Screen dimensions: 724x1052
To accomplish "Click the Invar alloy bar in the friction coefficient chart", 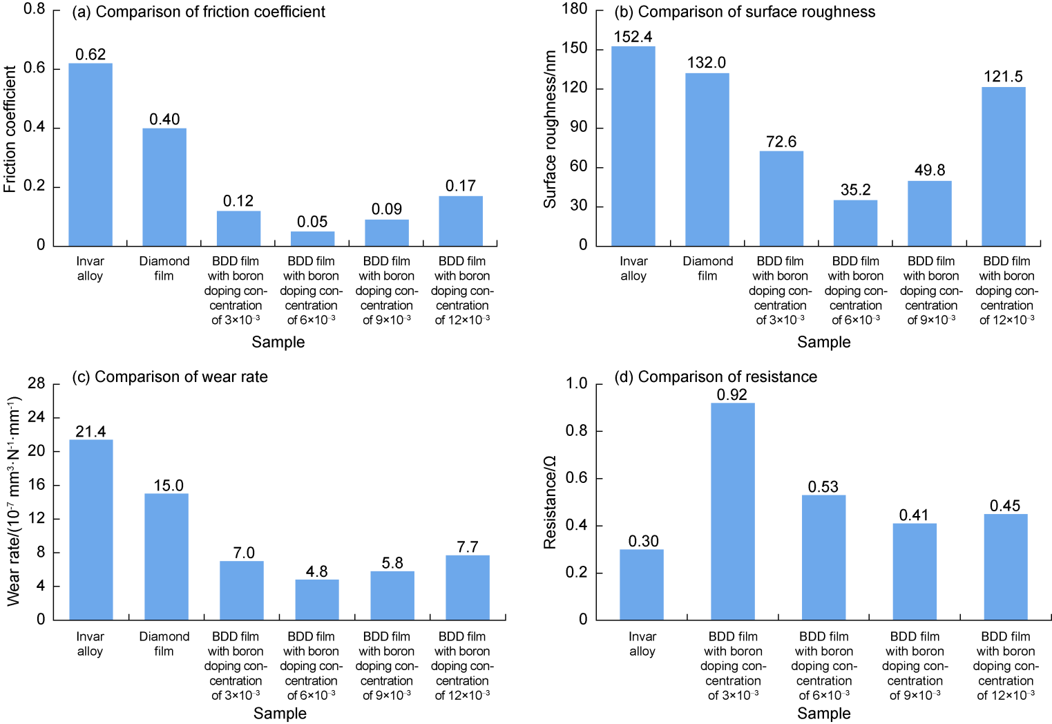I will tap(90, 155).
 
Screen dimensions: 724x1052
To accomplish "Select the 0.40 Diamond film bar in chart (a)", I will tap(164, 187).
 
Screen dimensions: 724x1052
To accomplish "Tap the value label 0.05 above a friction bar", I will tap(312, 222).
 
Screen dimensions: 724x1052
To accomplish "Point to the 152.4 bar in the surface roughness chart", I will tap(633, 146).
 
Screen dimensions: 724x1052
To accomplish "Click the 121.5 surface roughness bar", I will tap(1004, 166).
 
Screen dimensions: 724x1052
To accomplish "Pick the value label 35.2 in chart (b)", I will tap(856, 190).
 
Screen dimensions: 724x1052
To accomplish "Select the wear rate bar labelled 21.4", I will tap(91, 530).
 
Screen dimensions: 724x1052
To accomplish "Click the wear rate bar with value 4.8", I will tap(317, 600).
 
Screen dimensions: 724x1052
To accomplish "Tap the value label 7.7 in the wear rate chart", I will tap(468, 547).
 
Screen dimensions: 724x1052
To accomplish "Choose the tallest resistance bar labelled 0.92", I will tap(733, 511).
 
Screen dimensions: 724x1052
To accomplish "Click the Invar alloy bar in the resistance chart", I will tap(642, 584).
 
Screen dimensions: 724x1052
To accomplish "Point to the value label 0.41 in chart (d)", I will tap(914, 515).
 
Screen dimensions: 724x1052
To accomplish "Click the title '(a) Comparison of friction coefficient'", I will tap(198, 12).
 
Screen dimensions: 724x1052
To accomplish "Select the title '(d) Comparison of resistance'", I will tap(716, 377).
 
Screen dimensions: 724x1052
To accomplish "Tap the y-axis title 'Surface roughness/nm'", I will tap(551, 129).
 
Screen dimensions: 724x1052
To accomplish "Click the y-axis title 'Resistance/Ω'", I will tap(551, 502).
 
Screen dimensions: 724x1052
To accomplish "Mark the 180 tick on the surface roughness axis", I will tap(575, 9).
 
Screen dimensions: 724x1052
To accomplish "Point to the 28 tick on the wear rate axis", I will tap(36, 383).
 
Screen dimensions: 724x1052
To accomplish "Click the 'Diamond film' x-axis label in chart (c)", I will tap(164, 644).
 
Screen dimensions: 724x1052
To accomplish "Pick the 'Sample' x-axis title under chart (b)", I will tap(823, 342).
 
